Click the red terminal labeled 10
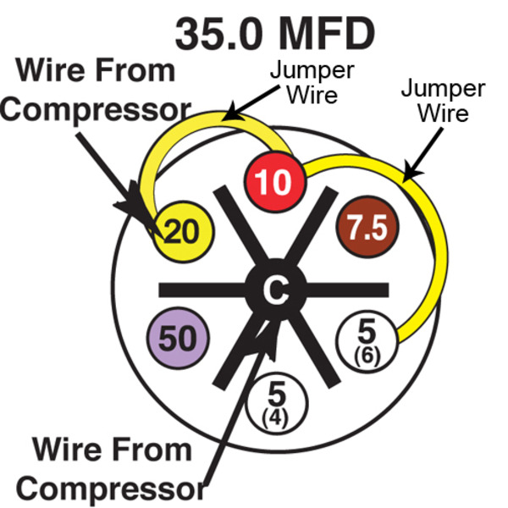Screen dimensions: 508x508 (273, 180)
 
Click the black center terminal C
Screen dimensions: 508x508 (273, 290)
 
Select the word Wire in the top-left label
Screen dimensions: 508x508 (58, 71)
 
